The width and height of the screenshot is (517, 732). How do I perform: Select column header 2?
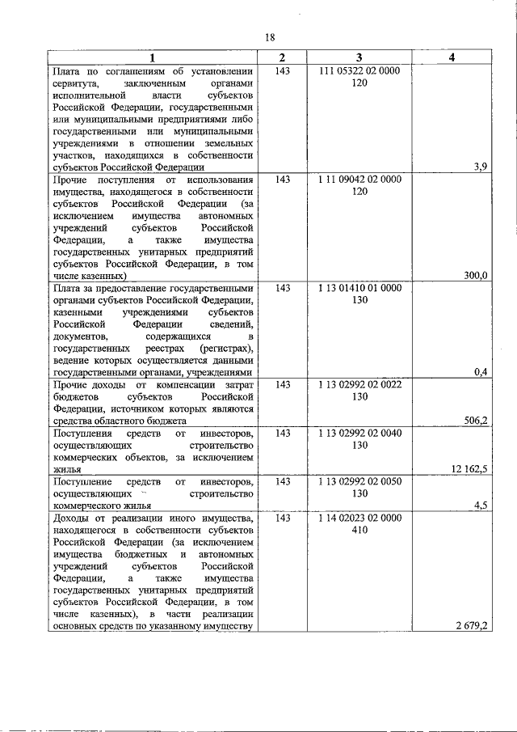[x=282, y=57]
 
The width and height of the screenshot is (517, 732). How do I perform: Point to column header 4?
[x=452, y=57]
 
